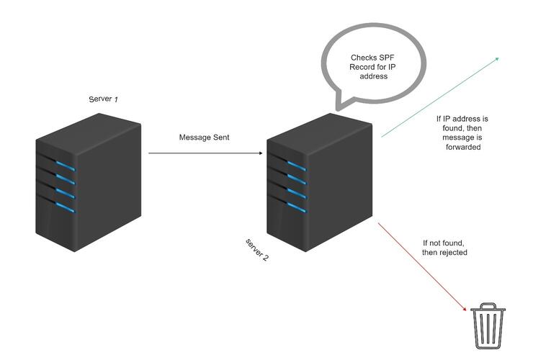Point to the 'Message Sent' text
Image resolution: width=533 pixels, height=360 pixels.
[x=204, y=137]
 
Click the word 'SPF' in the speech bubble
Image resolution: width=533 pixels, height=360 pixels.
[x=381, y=58]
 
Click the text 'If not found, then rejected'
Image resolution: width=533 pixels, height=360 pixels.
[x=444, y=248]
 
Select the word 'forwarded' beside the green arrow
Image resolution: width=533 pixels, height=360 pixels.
[x=462, y=147]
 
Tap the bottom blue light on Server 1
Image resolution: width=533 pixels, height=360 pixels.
[x=67, y=208]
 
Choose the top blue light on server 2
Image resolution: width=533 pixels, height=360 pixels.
[x=297, y=166]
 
